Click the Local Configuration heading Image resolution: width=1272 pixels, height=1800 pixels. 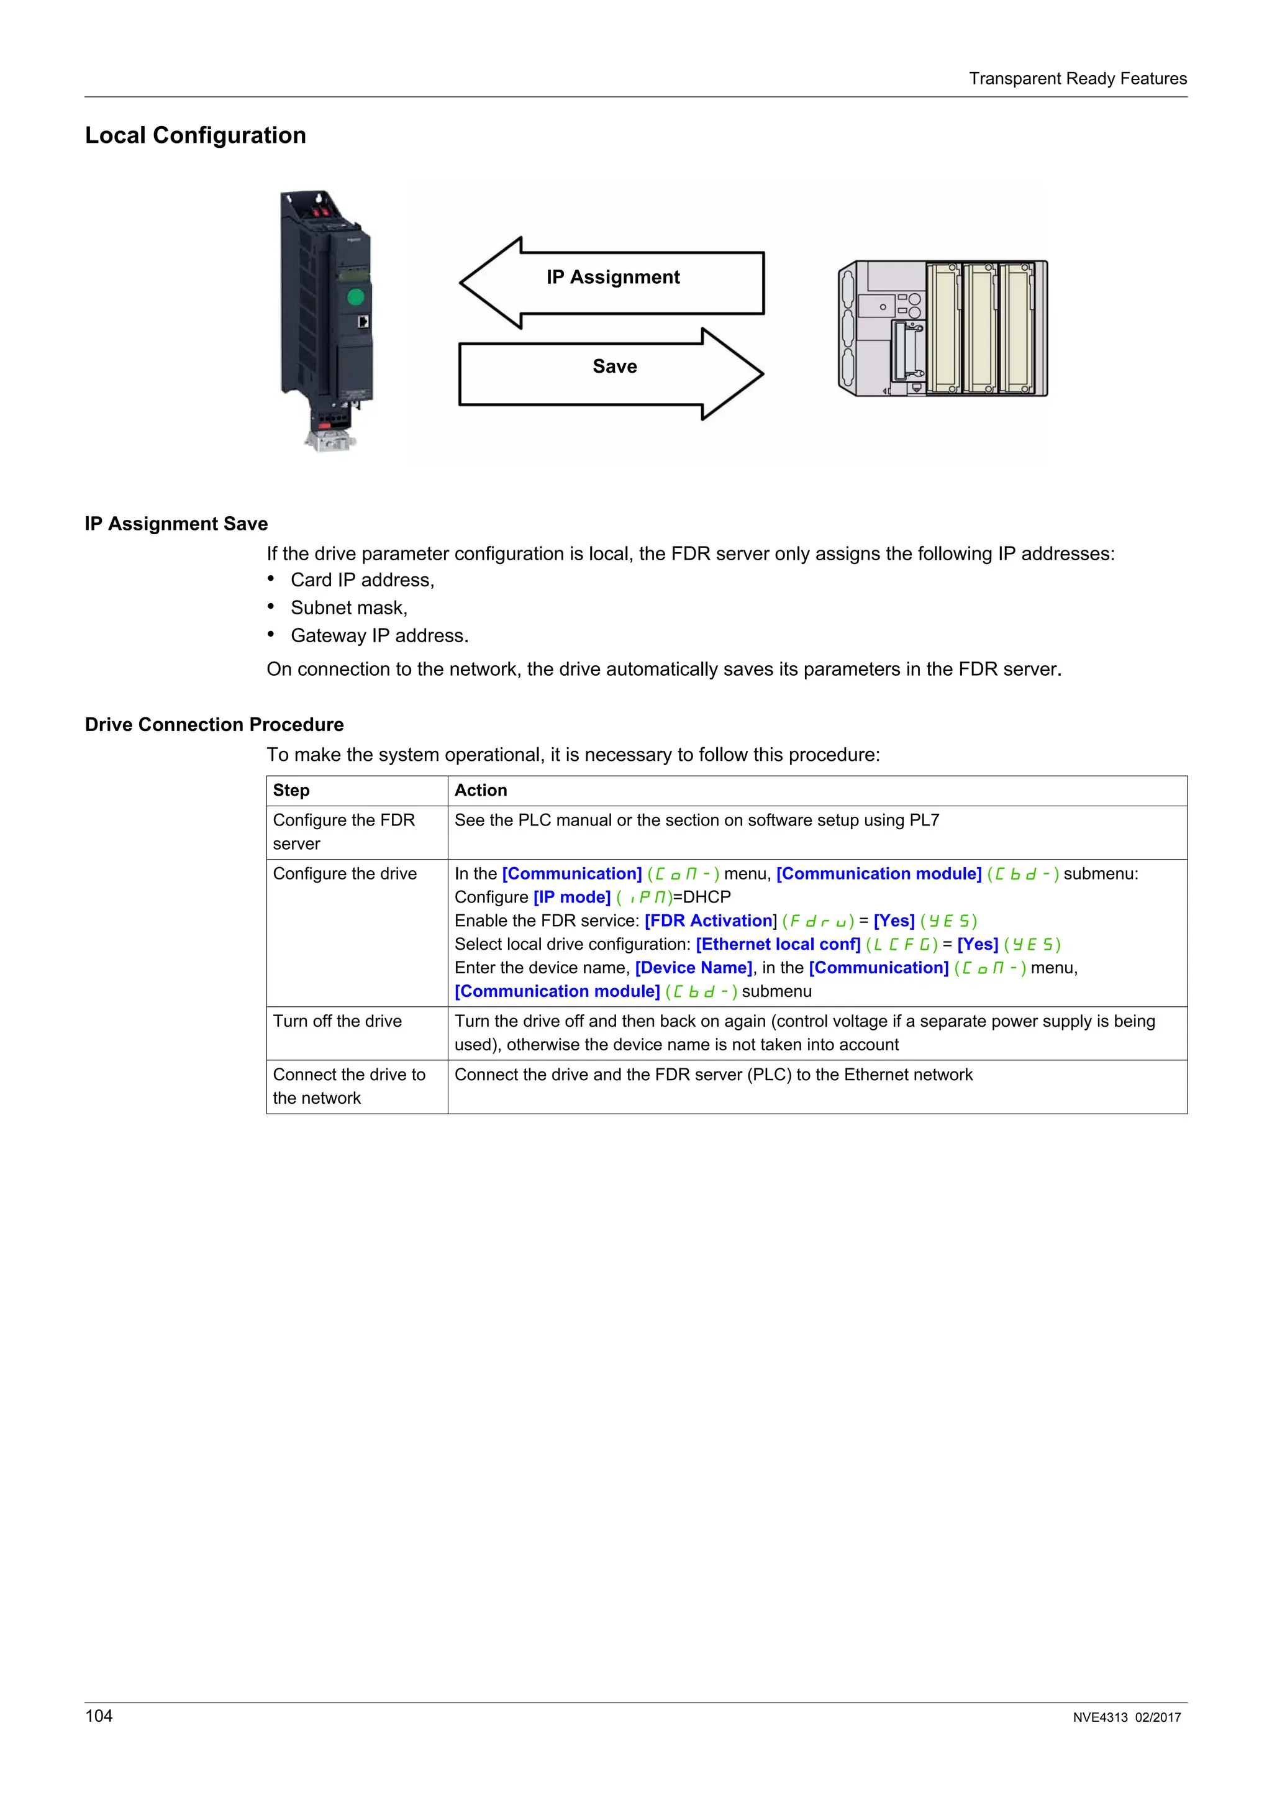pyautogui.click(x=195, y=135)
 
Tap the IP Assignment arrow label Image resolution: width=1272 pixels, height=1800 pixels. pyautogui.click(x=613, y=278)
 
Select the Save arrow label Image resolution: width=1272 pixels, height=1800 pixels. pyautogui.click(x=614, y=367)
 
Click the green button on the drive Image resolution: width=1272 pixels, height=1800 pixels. pyautogui.click(x=355, y=297)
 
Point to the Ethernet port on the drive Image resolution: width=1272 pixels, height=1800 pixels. pyautogui.click(x=363, y=322)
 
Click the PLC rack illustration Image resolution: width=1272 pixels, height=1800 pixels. pyautogui.click(x=943, y=329)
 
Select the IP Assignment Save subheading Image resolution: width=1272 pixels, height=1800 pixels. pyautogui.click(x=176, y=524)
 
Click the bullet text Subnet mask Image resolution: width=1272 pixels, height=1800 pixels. pyautogui.click(x=349, y=608)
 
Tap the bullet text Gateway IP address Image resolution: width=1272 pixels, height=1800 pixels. pyautogui.click(x=379, y=636)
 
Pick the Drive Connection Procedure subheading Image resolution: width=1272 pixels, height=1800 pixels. pyautogui.click(x=214, y=724)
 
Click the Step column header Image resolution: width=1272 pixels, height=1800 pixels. pyautogui.click(x=291, y=790)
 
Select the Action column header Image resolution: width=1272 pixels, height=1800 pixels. pyautogui.click(x=481, y=790)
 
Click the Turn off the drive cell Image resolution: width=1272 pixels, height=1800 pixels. pyautogui.click(x=337, y=1020)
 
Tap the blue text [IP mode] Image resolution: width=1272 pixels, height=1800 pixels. pyautogui.click(x=571, y=897)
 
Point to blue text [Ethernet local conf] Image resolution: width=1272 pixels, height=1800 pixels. pyautogui.click(x=778, y=944)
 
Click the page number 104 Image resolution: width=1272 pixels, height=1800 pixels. pyautogui.click(x=99, y=1716)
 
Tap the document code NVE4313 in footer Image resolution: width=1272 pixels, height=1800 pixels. pyautogui.click(x=1099, y=1717)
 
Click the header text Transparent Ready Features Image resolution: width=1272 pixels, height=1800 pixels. pyautogui.click(x=1077, y=78)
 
